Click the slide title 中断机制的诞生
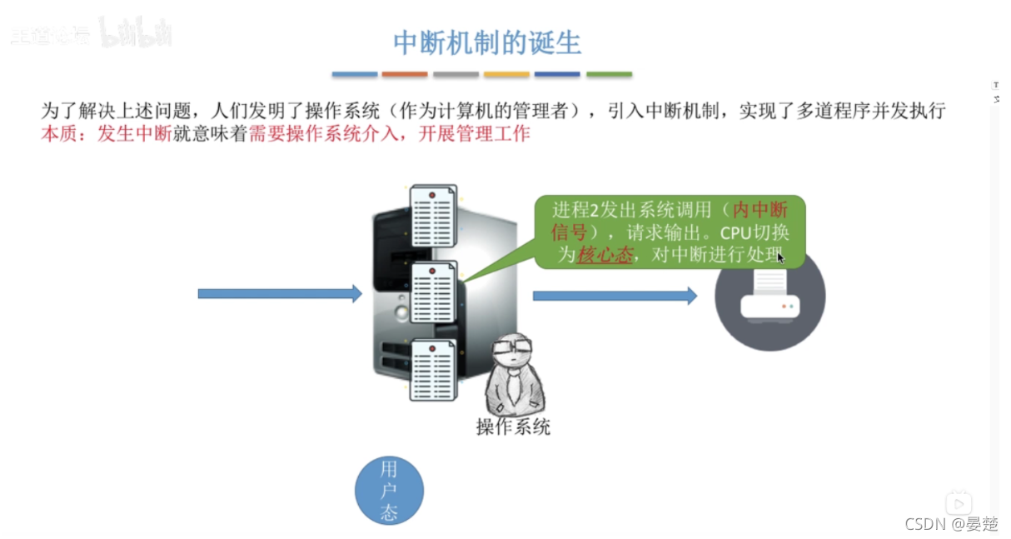(x=487, y=43)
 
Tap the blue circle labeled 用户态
(x=389, y=490)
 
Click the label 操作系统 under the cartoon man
(x=513, y=427)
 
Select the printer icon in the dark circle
(x=770, y=297)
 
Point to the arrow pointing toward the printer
(x=615, y=296)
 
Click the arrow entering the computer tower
(x=280, y=293)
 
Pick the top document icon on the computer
(x=432, y=213)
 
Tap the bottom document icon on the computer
(x=432, y=369)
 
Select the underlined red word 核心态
(x=605, y=255)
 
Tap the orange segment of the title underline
(x=405, y=75)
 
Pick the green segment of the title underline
(x=609, y=75)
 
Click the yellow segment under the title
(x=506, y=75)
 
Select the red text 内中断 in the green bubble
(x=759, y=209)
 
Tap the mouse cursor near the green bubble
(x=781, y=258)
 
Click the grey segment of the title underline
(x=456, y=75)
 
